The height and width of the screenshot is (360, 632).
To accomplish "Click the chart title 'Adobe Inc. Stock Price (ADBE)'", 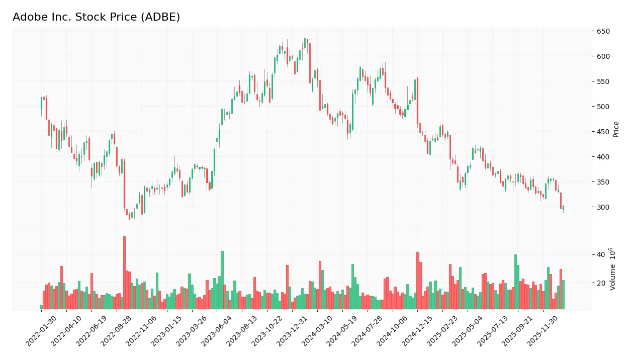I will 96,17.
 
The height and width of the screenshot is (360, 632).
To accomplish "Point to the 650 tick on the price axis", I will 603,31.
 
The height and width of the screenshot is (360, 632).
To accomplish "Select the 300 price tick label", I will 603,207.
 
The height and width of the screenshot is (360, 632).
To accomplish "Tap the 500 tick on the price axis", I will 603,107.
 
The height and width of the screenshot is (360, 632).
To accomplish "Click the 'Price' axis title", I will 616,129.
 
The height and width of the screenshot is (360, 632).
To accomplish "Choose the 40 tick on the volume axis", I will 600,254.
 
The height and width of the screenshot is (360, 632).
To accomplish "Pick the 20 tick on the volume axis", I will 600,283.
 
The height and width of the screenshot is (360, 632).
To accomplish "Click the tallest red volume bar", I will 124,273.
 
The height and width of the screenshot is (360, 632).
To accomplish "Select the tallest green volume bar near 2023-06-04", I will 222,280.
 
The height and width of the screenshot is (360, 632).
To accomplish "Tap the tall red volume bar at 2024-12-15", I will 417,280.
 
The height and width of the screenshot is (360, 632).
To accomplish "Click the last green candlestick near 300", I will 563,208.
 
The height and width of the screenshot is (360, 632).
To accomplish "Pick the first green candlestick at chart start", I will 41,103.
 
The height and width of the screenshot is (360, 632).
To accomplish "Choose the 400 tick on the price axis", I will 603,157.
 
